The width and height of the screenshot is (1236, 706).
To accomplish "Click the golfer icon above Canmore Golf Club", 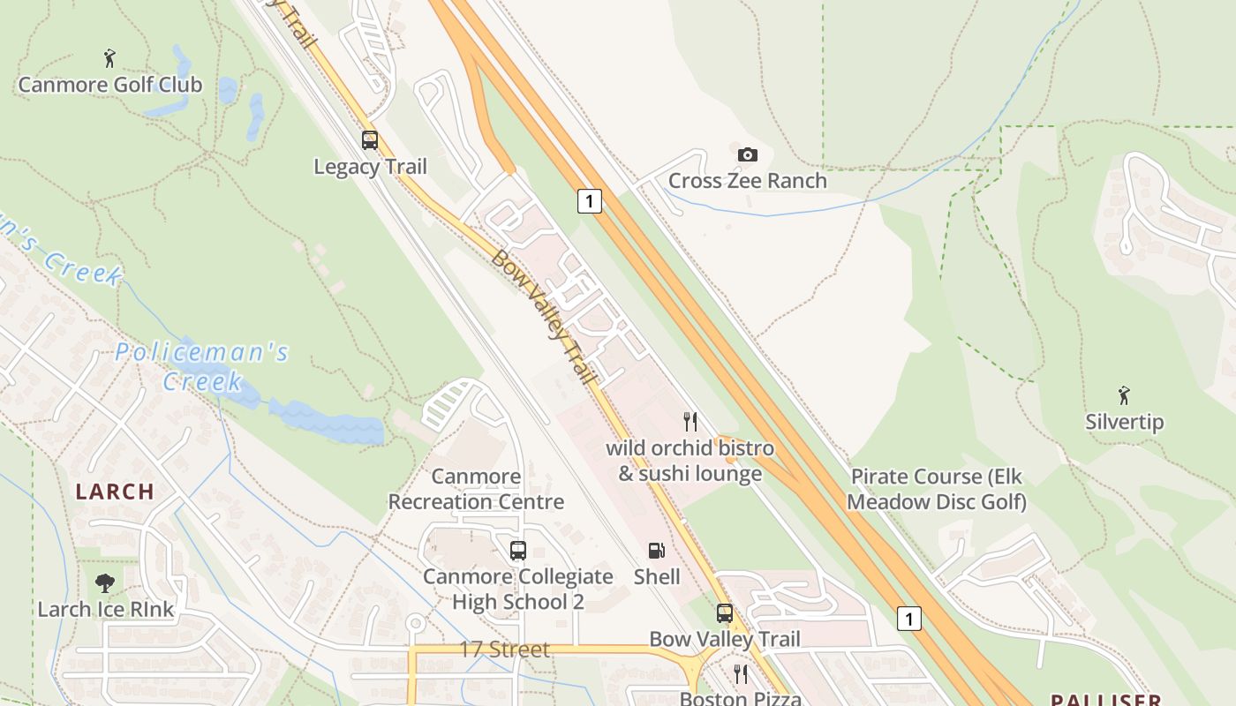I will pyautogui.click(x=109, y=58).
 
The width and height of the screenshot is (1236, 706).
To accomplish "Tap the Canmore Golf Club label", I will pyautogui.click(x=110, y=85).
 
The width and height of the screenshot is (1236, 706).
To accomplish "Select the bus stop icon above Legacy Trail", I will pyautogui.click(x=370, y=139).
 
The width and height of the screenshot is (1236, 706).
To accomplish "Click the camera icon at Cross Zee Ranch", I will pyautogui.click(x=747, y=154).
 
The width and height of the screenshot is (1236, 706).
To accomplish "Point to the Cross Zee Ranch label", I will pyautogui.click(x=747, y=181).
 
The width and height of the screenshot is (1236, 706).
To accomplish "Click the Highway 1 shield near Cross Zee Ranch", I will pyautogui.click(x=589, y=200).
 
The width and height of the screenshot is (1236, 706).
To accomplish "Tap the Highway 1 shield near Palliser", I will pyautogui.click(x=908, y=618).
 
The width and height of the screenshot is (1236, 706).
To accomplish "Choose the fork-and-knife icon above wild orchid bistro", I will pyautogui.click(x=690, y=421).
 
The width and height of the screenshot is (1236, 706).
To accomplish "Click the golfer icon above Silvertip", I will pyautogui.click(x=1124, y=394).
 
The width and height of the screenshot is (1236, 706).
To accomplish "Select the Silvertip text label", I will pyautogui.click(x=1124, y=422).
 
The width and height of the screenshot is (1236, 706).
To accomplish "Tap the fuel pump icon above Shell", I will pyautogui.click(x=656, y=551).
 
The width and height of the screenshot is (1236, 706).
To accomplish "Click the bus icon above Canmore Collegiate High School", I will pyautogui.click(x=517, y=551).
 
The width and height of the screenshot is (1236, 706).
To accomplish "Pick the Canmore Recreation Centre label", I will pyautogui.click(x=476, y=489).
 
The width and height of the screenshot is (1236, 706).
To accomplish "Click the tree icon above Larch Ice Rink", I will pyautogui.click(x=105, y=582).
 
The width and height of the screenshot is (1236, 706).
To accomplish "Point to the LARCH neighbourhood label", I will pyautogui.click(x=115, y=492).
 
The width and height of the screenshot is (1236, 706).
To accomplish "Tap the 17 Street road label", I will pyautogui.click(x=504, y=650).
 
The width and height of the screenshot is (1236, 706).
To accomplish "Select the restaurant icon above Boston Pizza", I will pyautogui.click(x=740, y=674).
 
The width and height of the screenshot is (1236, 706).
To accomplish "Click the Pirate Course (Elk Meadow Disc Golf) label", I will pyautogui.click(x=938, y=489).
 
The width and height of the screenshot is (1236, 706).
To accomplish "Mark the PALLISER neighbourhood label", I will pyautogui.click(x=1105, y=700).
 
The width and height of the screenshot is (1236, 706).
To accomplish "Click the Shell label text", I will pyautogui.click(x=657, y=577).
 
